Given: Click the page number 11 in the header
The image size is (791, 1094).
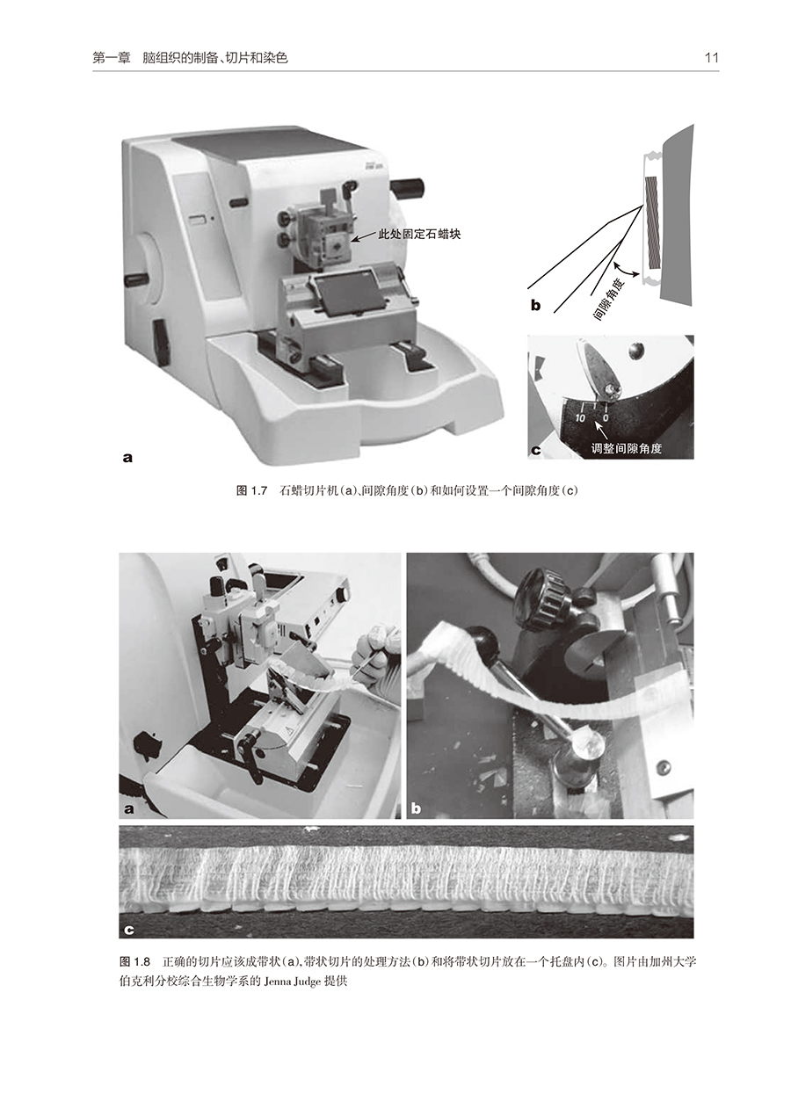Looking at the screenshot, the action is pos(711,58).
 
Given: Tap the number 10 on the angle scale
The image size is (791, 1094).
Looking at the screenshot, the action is pos(580,417).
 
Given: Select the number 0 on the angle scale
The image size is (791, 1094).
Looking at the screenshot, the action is pos(606,418).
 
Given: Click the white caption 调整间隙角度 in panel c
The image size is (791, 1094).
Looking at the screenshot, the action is pos(627,448).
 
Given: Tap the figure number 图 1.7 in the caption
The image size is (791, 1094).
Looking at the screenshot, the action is pos(252,491).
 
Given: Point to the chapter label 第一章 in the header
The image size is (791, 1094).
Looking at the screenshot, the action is pos(112,59).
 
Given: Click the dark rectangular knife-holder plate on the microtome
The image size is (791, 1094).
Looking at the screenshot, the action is pos(345,293).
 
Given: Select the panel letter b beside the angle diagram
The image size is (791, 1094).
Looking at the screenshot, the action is pos(536,306).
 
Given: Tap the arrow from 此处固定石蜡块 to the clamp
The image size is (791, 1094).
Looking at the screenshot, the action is pos(364,237).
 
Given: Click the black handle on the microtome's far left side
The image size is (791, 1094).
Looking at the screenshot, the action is pos(137,280).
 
